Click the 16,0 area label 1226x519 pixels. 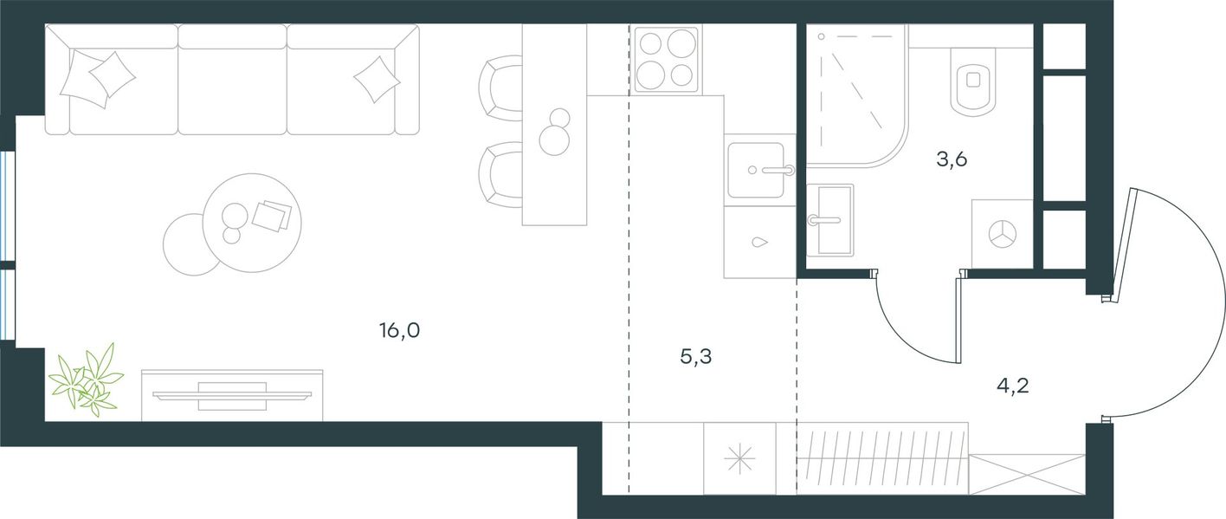pyautogui.click(x=399, y=331)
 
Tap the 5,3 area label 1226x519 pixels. pyautogui.click(x=695, y=357)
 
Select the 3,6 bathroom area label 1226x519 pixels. pyautogui.click(x=952, y=159)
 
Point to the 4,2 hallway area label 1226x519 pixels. pyautogui.click(x=1012, y=386)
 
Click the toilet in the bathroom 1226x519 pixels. pyautogui.click(x=972, y=82)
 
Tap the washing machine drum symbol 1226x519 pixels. pyautogui.click(x=1002, y=234)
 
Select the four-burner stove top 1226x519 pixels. pyautogui.click(x=666, y=59)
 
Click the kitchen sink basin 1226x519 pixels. pyautogui.click(x=756, y=171)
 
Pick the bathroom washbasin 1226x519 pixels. pyautogui.click(x=829, y=220)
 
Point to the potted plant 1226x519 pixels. pyautogui.click(x=87, y=380)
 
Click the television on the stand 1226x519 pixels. pyautogui.click(x=232, y=396)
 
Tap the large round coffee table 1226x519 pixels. pyautogui.click(x=252, y=223)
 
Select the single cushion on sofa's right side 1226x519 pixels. pyautogui.click(x=377, y=80)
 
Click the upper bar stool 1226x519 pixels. pyautogui.click(x=500, y=88)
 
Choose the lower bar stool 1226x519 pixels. pyautogui.click(x=500, y=175)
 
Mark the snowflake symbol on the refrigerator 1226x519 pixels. pyautogui.click(x=739, y=458)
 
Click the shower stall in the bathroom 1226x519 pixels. pyautogui.click(x=856, y=95)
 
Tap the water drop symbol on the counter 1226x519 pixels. pyautogui.click(x=759, y=242)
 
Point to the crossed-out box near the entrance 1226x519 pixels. pyautogui.click(x=1027, y=475)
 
